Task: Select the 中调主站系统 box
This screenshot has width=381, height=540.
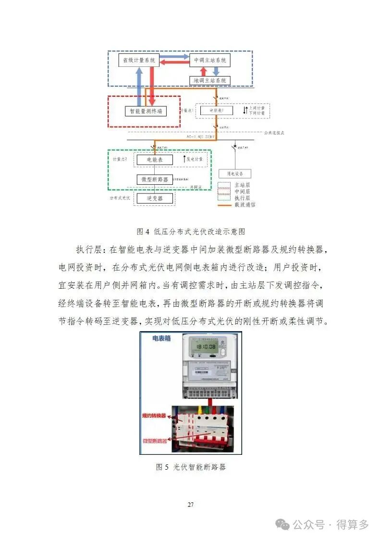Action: [x=209, y=60]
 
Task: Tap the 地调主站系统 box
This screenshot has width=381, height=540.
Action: [x=209, y=80]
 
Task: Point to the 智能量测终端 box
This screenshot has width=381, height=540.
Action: [x=144, y=111]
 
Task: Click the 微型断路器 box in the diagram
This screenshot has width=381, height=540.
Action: [x=155, y=179]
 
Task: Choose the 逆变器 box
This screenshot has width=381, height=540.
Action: [x=155, y=198]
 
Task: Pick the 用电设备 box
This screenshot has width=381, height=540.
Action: [x=235, y=174]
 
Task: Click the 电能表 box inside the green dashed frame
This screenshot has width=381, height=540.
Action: [x=155, y=159]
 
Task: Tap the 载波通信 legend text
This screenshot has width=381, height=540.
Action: [x=245, y=205]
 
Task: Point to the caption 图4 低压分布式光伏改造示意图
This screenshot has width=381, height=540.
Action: [x=191, y=231]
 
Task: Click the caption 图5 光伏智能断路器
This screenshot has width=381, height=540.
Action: [x=191, y=467]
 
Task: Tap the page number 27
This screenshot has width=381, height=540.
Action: [x=191, y=504]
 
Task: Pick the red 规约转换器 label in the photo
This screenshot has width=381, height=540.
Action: [x=154, y=415]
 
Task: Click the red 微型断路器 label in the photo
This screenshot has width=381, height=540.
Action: [x=155, y=440]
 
